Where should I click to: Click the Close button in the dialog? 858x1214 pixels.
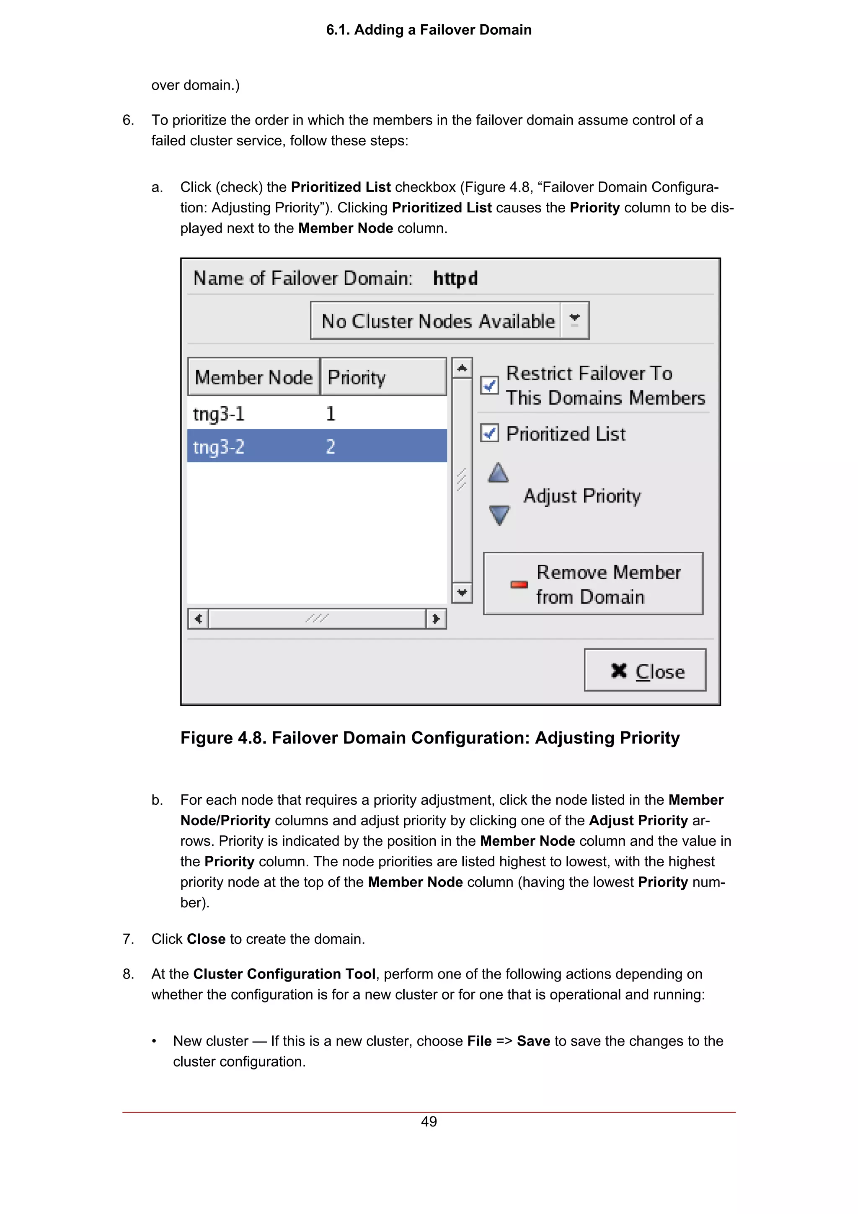coord(644,670)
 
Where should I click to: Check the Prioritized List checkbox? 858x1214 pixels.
coord(489,433)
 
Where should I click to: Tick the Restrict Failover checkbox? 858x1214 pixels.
coord(489,385)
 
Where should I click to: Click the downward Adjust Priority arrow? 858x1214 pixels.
coord(499,514)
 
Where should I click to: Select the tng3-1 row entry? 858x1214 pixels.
coord(219,413)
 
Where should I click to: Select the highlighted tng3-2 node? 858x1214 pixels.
coord(219,447)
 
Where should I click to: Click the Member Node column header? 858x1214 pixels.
coord(254,377)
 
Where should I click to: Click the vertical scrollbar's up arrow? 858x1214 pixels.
coord(462,368)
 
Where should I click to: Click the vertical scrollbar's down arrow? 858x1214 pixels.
coord(462,592)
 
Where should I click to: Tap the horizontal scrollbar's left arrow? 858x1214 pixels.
coord(198,618)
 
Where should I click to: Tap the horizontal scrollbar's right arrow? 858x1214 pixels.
coord(436,618)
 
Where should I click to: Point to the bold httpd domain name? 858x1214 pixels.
coord(455,278)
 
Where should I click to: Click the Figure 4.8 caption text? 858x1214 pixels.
coord(429,738)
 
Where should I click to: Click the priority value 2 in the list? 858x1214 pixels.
coord(331,447)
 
